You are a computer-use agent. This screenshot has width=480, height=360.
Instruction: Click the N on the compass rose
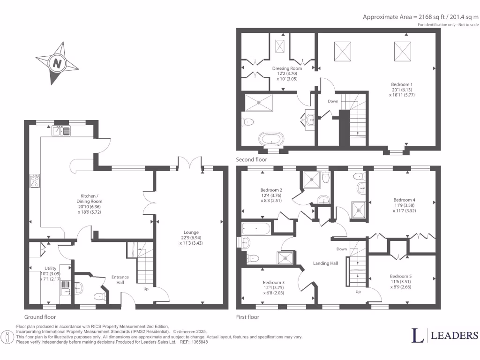57,63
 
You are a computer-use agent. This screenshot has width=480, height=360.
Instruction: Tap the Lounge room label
191,232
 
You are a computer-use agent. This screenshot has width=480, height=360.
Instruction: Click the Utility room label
51,268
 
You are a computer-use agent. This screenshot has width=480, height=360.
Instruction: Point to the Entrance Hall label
120,280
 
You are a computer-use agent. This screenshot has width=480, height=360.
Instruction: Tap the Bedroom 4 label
405,200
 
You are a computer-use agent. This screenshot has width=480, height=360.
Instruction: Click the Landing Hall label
325,263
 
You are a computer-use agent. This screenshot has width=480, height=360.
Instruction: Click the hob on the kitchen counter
35,181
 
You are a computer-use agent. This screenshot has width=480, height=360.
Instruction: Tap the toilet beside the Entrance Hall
99,296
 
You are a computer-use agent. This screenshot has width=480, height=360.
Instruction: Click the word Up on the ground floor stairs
146,289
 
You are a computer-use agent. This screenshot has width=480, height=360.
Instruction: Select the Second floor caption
251,160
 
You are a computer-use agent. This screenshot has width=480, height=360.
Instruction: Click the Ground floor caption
40,317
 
